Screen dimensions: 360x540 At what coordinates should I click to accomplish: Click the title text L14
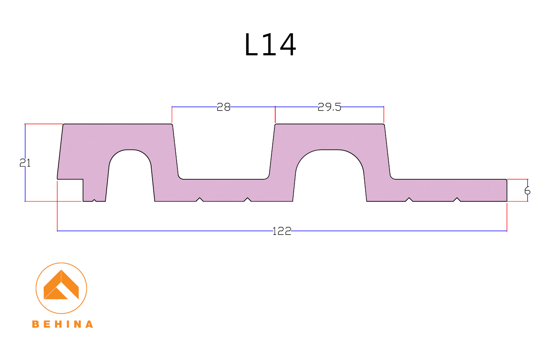tap(270, 45)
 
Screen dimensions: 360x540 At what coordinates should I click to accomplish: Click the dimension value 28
tap(223, 107)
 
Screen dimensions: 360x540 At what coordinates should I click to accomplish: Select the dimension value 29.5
tap(329, 107)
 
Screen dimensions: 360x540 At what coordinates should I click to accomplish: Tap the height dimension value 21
tap(25, 163)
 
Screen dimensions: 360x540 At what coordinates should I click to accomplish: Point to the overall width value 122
tap(282, 231)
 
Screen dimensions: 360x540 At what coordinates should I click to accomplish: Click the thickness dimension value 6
tap(527, 191)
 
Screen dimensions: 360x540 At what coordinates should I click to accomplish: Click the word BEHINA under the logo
tap(62, 324)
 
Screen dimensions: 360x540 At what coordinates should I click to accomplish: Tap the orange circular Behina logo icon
tap(61, 288)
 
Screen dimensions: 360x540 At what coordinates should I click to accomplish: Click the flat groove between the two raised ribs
tap(223, 164)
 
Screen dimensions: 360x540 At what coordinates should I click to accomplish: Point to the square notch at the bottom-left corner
tap(70, 190)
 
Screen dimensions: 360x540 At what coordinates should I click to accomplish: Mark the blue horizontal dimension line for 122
tap(173, 231)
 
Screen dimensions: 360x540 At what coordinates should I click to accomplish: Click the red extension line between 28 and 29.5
tap(275, 115)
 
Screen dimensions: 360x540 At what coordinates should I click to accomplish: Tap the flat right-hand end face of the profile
tap(506, 190)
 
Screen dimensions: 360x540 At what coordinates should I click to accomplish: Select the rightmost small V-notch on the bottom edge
tap(457, 199)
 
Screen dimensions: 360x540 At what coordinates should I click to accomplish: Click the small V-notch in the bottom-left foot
tap(94, 200)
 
